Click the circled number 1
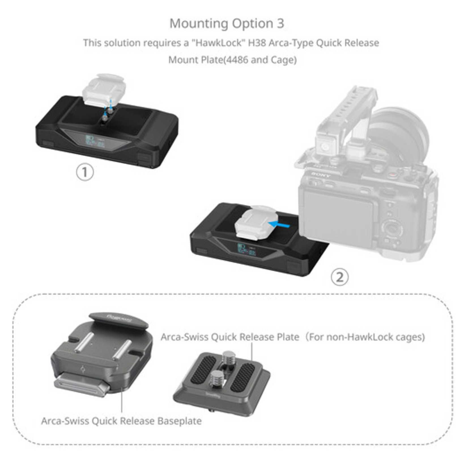[x=85, y=172]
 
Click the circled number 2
[x=340, y=277]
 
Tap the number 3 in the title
[x=280, y=23]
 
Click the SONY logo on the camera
[x=321, y=174]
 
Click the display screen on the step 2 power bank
[x=246, y=249]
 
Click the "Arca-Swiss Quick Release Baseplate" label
[x=121, y=421]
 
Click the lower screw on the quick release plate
[x=216, y=377]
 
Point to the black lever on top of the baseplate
[x=118, y=320]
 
